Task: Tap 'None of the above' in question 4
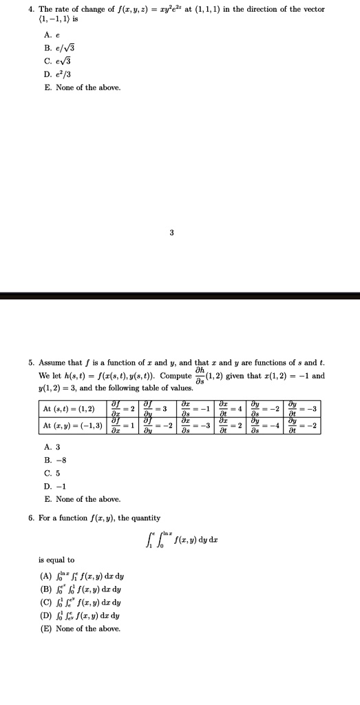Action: click(x=82, y=87)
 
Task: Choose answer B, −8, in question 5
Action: click(x=54, y=460)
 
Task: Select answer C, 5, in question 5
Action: click(x=52, y=473)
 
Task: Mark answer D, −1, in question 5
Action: click(x=54, y=486)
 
